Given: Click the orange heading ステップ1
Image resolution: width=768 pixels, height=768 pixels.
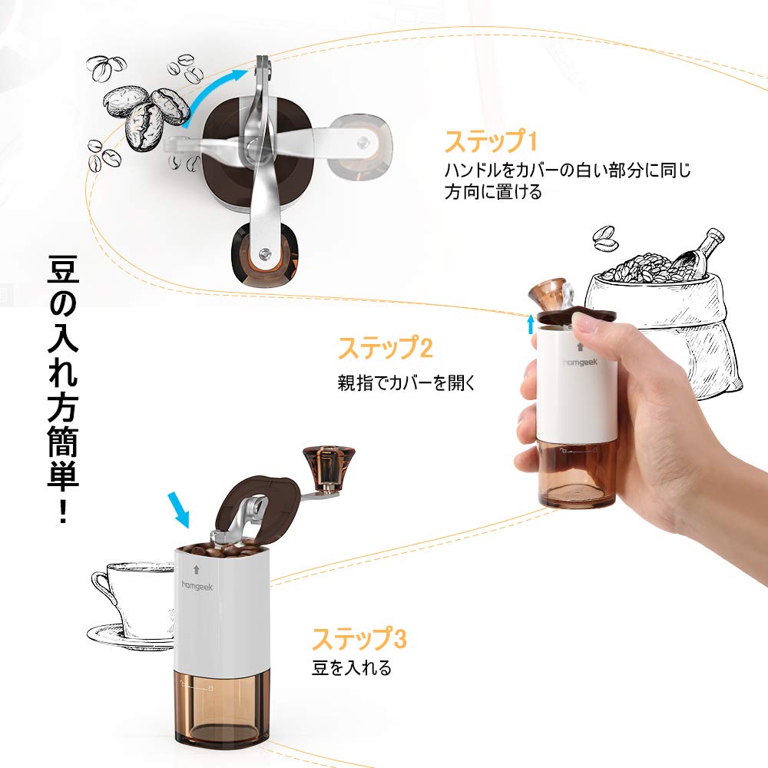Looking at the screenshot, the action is pos(491,141).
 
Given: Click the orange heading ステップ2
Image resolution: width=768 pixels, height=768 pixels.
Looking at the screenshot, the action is pos(386,348).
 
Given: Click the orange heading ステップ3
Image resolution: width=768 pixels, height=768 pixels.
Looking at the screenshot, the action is pos(359,638).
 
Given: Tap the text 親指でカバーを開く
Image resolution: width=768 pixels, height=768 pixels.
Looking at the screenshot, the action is pos(406,382).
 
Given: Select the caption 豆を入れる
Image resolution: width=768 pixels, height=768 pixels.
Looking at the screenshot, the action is pos(352,667).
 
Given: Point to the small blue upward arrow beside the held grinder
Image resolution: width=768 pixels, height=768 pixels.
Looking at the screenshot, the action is pos(531,324).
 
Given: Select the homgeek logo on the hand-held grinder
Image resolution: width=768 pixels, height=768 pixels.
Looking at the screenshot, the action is pos(581,362).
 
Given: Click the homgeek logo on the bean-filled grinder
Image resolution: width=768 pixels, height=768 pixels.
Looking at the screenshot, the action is pos(197,586).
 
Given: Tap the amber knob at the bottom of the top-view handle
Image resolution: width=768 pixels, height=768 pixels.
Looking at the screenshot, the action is pos(265,255).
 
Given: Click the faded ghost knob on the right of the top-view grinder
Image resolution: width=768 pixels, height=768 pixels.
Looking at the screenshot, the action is pos(360,145).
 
